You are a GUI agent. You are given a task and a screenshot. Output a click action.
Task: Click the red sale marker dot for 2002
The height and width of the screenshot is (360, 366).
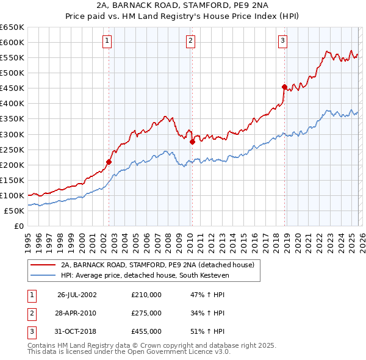pyautogui.click(x=109, y=162)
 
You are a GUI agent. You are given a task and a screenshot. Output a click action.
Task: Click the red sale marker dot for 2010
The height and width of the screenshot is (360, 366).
pyautogui.click(x=192, y=142)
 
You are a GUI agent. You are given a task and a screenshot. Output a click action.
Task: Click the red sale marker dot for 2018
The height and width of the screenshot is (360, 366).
pyautogui.click(x=284, y=87)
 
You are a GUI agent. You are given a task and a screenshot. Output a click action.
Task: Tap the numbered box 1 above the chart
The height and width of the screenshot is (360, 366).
pyautogui.click(x=107, y=41)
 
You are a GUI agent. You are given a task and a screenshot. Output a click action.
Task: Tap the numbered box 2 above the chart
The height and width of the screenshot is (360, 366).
pyautogui.click(x=190, y=41)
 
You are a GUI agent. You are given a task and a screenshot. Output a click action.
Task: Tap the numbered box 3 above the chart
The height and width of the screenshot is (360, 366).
pyautogui.click(x=283, y=41)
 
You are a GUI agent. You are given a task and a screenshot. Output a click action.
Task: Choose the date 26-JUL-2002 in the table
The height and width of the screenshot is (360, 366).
pyautogui.click(x=77, y=295)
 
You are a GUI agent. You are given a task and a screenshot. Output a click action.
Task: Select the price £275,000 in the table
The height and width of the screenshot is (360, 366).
pyautogui.click(x=146, y=313)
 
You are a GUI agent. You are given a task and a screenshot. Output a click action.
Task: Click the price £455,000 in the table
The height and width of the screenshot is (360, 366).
pyautogui.click(x=146, y=331)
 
